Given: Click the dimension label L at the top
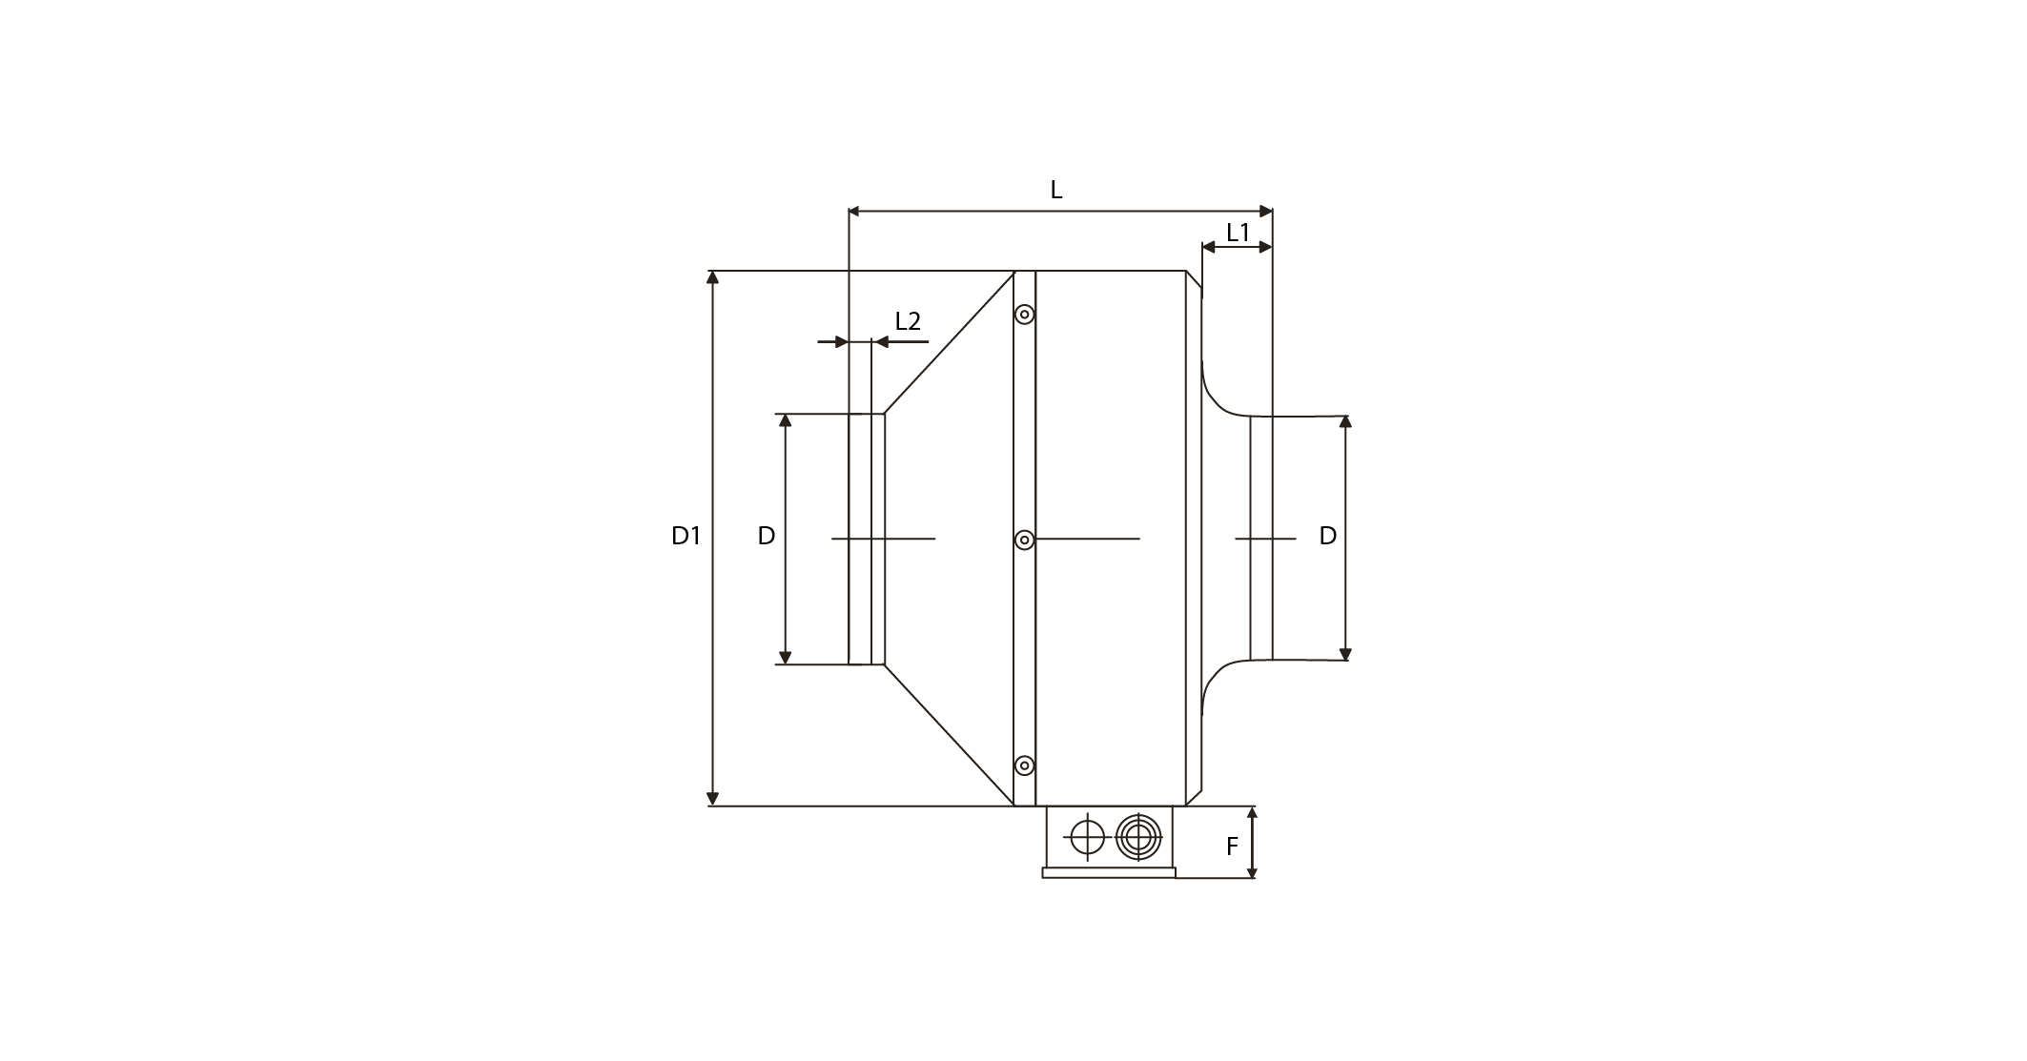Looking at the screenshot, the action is [x=1055, y=190].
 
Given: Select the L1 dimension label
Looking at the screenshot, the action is [x=1238, y=233].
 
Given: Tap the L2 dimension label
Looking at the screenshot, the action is [x=908, y=321].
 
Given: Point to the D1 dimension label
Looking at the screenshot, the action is [x=686, y=536].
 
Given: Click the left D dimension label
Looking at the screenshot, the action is [x=767, y=536].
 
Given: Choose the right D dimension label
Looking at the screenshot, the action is [x=1328, y=536].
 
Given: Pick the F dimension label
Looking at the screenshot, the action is [x=1232, y=846].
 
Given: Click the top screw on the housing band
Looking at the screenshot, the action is [x=1025, y=314].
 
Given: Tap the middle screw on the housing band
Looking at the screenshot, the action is [x=1025, y=541].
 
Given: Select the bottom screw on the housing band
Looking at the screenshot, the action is [x=1025, y=765].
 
